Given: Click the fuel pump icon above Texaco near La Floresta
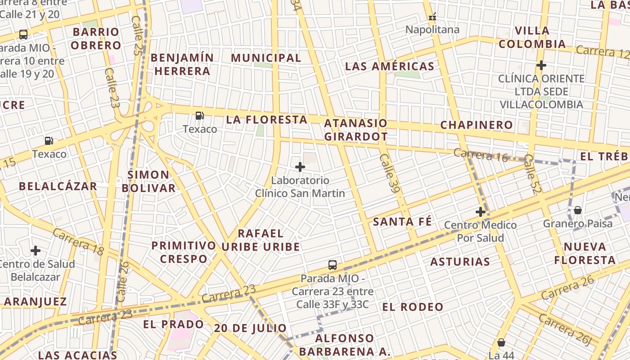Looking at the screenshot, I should point(199,116).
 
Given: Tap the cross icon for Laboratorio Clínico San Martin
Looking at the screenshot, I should point(300,167).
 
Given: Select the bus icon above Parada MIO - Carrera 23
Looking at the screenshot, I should point(333,265).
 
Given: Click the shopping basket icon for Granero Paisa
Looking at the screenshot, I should point(578,210).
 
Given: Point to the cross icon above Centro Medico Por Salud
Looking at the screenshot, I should point(481,212).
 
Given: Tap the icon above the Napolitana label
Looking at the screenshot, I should point(432,17).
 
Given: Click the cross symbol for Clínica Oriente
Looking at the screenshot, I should point(541,65).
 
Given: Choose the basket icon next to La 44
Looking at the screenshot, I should point(501,343).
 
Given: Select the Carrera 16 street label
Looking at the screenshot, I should point(481,155).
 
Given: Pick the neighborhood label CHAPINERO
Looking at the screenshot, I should point(477,125).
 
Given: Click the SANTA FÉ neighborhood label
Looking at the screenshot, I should point(402,221).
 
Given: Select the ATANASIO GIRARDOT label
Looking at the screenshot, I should point(355,130).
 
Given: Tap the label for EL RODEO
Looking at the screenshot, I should point(413,307).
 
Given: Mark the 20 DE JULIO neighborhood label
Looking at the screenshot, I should point(250,328).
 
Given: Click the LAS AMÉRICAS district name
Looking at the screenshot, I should point(390,67).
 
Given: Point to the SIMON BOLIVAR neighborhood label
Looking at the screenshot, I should point(148,181).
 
